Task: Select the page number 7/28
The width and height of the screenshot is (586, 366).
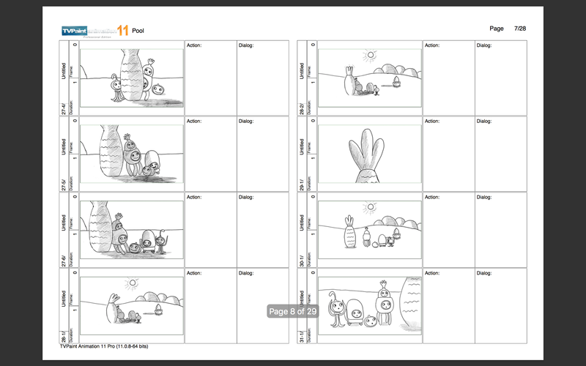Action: point(521,29)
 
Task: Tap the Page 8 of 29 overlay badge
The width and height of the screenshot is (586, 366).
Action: point(292,311)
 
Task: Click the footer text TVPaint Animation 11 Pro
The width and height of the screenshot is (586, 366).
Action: point(104,346)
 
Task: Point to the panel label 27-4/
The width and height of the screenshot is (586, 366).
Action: point(64,108)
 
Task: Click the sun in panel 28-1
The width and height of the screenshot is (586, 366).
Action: point(132,283)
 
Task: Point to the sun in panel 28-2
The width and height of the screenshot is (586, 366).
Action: point(371,54)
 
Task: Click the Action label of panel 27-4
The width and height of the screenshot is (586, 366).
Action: point(194,45)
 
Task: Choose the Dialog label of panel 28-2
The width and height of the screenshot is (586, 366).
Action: point(484,45)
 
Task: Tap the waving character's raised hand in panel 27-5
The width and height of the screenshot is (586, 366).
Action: point(127,136)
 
